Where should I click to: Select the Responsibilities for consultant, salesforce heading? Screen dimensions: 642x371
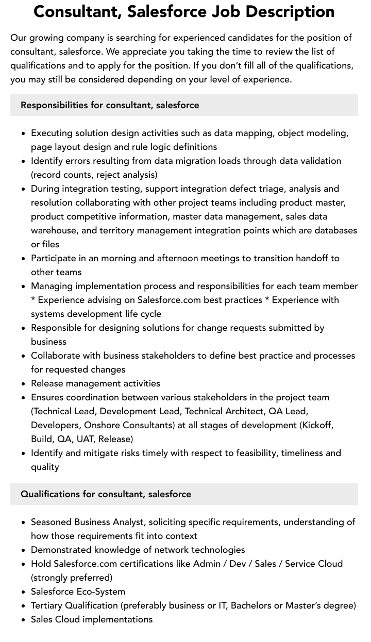(x=110, y=105)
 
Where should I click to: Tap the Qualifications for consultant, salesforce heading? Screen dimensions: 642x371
(x=106, y=494)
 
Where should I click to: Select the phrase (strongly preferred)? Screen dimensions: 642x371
(x=72, y=578)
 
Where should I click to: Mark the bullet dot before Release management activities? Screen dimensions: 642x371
(x=24, y=384)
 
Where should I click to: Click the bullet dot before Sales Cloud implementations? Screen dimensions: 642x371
(x=24, y=620)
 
